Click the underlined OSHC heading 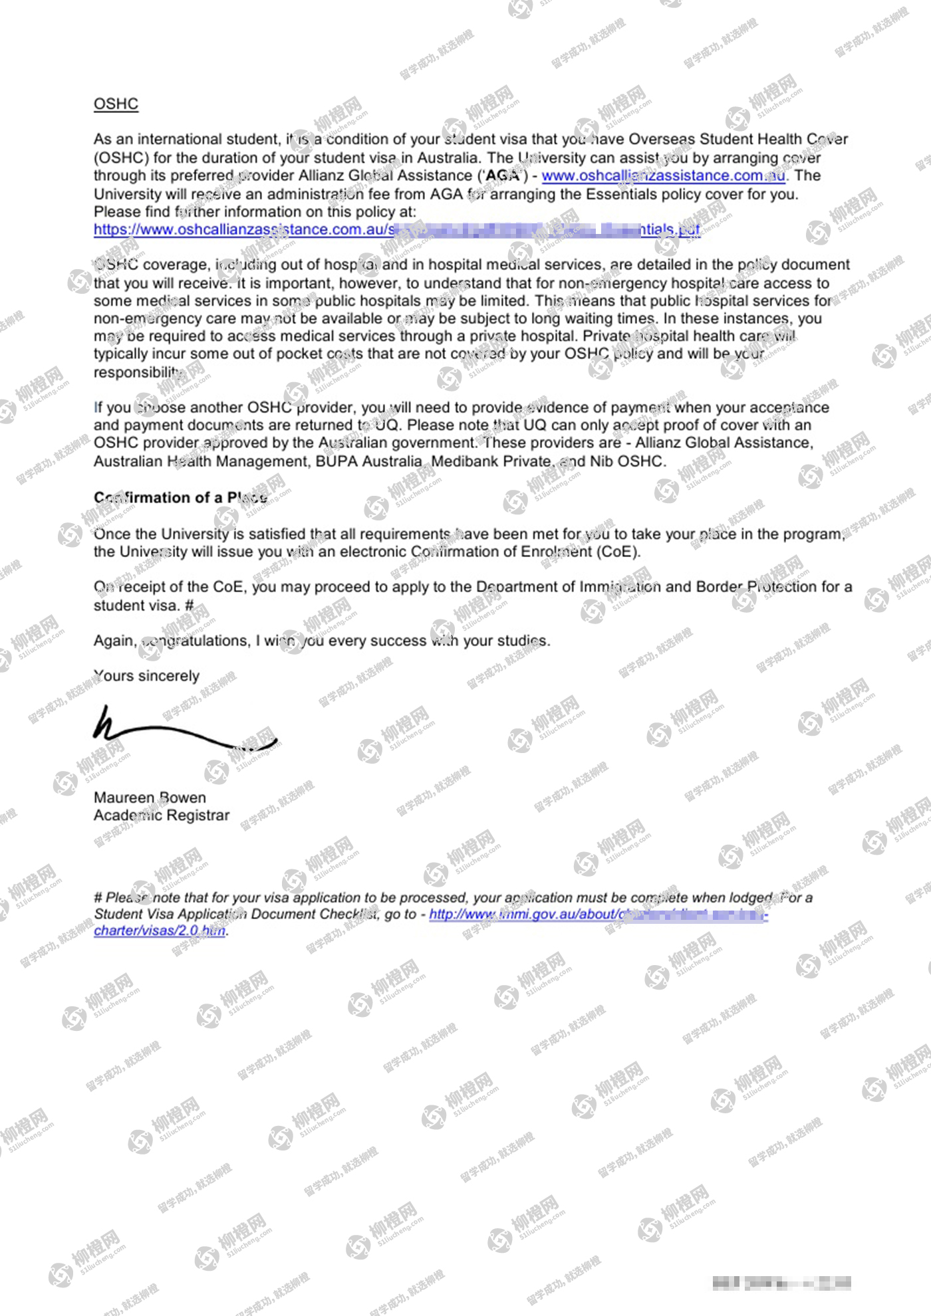116,104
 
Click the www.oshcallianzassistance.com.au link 663,175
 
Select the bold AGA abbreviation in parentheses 503,175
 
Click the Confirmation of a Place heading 180,497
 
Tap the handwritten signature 183,731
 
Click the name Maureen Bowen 150,797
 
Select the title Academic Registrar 161,815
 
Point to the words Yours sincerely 146,675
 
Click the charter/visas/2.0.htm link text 160,931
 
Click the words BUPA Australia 368,461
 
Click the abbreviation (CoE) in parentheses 618,552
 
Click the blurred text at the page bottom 781,1283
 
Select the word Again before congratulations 114,641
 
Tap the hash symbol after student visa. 189,605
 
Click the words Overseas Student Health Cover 738,139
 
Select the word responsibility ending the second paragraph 137,372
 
